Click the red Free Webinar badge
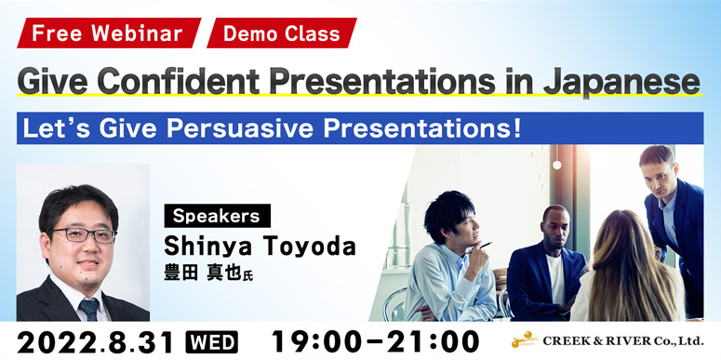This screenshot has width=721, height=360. click(109, 33)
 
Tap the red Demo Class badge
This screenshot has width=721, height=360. click(282, 33)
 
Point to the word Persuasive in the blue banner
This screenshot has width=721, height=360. click(241, 128)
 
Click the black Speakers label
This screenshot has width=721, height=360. click(217, 216)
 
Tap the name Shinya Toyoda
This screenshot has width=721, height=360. click(260, 247)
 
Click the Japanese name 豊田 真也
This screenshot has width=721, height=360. click(203, 273)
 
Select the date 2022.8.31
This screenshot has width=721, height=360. click(96, 342)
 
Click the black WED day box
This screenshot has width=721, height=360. click(211, 342)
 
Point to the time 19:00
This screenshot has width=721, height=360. click(318, 342)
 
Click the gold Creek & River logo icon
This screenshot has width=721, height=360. click(524, 340)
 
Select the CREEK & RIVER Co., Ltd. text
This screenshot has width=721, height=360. click(623, 341)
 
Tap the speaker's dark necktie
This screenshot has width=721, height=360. click(89, 310)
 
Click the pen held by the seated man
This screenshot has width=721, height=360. click(478, 247)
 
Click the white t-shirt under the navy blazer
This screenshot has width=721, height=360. click(555, 280)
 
